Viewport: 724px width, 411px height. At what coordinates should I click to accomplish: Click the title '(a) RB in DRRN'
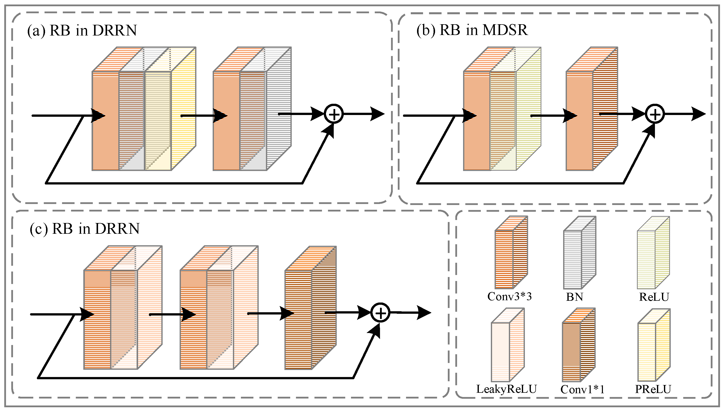[x=82, y=30]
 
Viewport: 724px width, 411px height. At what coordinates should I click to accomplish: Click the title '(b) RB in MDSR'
[x=472, y=30]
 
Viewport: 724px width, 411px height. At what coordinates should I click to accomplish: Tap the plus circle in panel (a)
[x=334, y=114]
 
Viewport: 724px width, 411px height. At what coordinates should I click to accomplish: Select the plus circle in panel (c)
[x=381, y=313]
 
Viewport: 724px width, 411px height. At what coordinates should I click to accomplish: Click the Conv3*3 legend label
[x=510, y=296]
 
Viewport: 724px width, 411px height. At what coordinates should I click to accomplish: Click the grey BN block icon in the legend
[x=580, y=253]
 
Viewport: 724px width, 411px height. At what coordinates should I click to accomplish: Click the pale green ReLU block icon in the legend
[x=653, y=253]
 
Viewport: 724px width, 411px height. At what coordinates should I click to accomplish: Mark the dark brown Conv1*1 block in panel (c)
[x=310, y=308]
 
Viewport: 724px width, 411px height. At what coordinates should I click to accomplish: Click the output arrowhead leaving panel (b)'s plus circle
[x=698, y=114]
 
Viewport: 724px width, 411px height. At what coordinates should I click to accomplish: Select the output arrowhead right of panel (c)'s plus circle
[x=424, y=313]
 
